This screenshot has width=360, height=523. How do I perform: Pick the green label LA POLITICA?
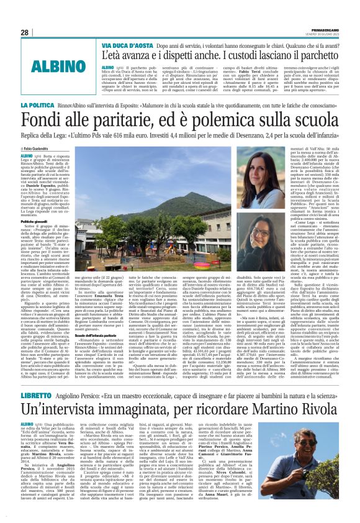(x=40, y=125)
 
